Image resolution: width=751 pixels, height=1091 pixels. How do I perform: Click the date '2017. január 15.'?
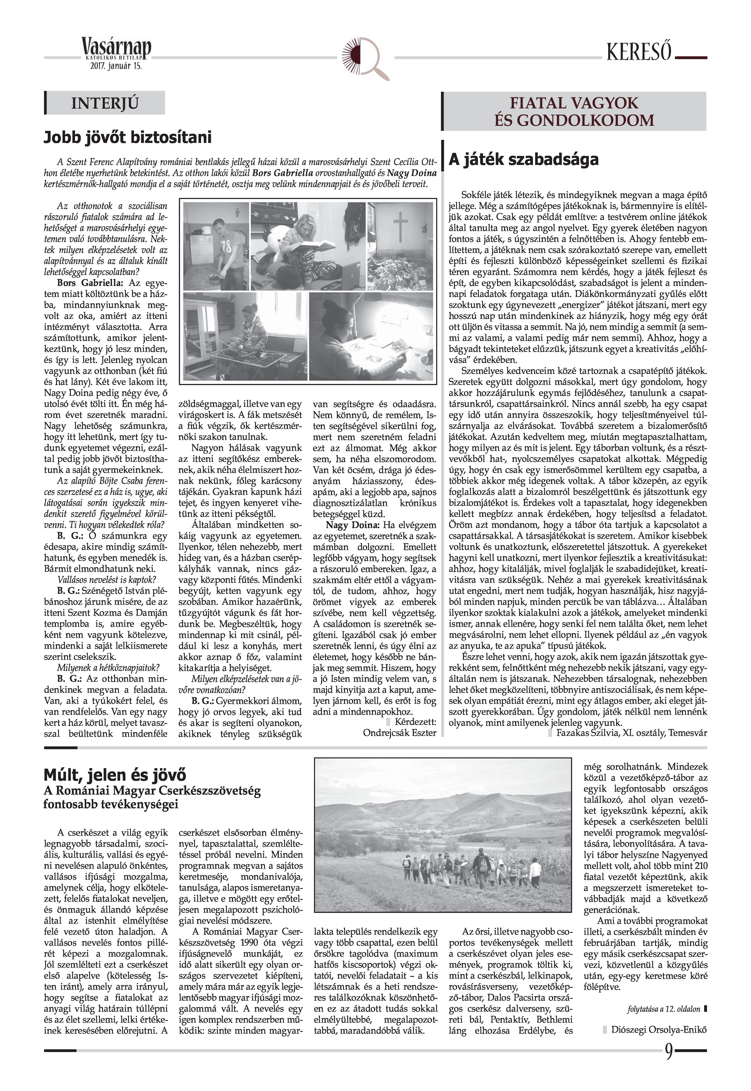[x=116, y=66]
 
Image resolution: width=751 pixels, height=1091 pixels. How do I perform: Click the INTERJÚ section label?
[x=105, y=103]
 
